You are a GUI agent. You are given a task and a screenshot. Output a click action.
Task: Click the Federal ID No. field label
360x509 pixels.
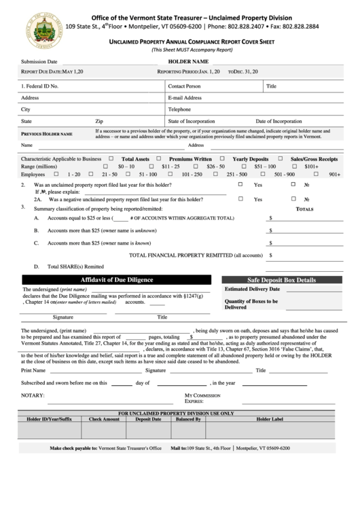[40, 86]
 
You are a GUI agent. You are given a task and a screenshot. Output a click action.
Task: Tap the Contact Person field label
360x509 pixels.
[184, 86]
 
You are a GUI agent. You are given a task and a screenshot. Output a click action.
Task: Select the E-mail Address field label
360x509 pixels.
[185, 97]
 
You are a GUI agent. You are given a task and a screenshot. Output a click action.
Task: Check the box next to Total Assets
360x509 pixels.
[114, 158]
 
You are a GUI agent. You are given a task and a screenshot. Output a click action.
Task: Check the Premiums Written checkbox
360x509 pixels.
[163, 158]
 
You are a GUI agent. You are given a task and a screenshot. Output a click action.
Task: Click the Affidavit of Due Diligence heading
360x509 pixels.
[117, 279]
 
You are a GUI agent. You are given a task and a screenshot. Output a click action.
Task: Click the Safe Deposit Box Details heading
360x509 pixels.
[281, 279]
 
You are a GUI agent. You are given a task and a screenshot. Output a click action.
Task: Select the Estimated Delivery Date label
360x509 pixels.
[252, 289]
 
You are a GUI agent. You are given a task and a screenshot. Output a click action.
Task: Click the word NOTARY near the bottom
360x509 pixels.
[33, 395]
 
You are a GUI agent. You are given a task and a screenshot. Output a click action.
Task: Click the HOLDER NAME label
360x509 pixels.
[187, 61]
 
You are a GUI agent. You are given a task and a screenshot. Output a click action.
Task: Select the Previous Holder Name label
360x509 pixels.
[47, 134]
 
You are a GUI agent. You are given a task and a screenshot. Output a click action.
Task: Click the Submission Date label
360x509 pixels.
[39, 61]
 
